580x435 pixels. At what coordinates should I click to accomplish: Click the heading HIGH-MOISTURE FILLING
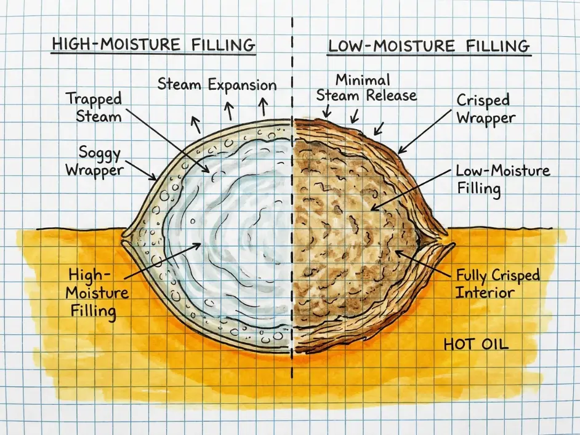[x=153, y=44]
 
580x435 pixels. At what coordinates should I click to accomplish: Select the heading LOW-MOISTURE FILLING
[x=429, y=46]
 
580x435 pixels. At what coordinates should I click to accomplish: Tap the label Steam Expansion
[x=217, y=85]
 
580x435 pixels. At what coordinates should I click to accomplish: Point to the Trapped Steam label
[x=94, y=108]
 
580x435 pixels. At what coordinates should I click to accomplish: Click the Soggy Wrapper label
[x=95, y=161]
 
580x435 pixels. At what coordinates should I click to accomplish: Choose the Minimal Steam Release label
[x=366, y=88]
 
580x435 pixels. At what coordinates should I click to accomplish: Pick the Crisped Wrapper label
[x=486, y=109]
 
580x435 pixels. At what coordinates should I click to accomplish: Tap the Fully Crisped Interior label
[x=497, y=284]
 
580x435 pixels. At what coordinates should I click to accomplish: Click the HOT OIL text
[x=476, y=345]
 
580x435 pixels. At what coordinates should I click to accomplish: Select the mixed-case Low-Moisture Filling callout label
[x=503, y=180]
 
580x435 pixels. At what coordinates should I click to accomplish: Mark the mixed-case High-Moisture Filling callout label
[x=97, y=293]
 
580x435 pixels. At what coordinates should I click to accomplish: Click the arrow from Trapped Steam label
[x=168, y=140]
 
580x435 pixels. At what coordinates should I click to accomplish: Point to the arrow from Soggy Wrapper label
[x=140, y=170]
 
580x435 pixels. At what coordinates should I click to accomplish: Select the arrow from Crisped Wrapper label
[x=425, y=131]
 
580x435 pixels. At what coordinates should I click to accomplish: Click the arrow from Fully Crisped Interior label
[x=423, y=264]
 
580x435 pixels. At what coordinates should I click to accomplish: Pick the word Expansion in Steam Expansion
[x=243, y=85]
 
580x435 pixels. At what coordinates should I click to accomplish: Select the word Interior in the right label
[x=485, y=292]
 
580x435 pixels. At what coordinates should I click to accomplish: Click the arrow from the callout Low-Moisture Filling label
[x=411, y=190]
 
